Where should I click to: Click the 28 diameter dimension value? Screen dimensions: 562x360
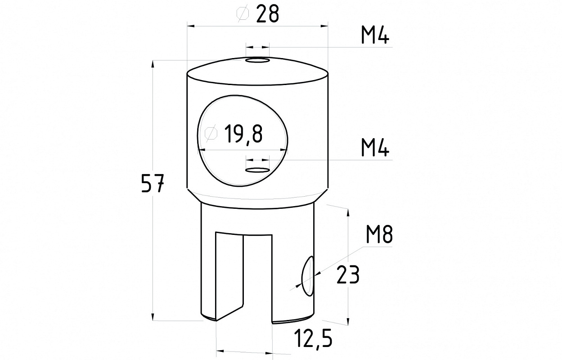267,14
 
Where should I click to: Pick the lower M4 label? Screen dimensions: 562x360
375,148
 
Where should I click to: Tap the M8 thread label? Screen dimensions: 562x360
379,234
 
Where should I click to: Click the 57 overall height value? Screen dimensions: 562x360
153,184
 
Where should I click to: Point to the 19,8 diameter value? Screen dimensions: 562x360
243,135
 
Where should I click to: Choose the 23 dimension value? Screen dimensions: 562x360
348,275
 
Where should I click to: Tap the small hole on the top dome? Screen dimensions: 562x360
257,60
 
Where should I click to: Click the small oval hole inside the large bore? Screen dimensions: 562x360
257,170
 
